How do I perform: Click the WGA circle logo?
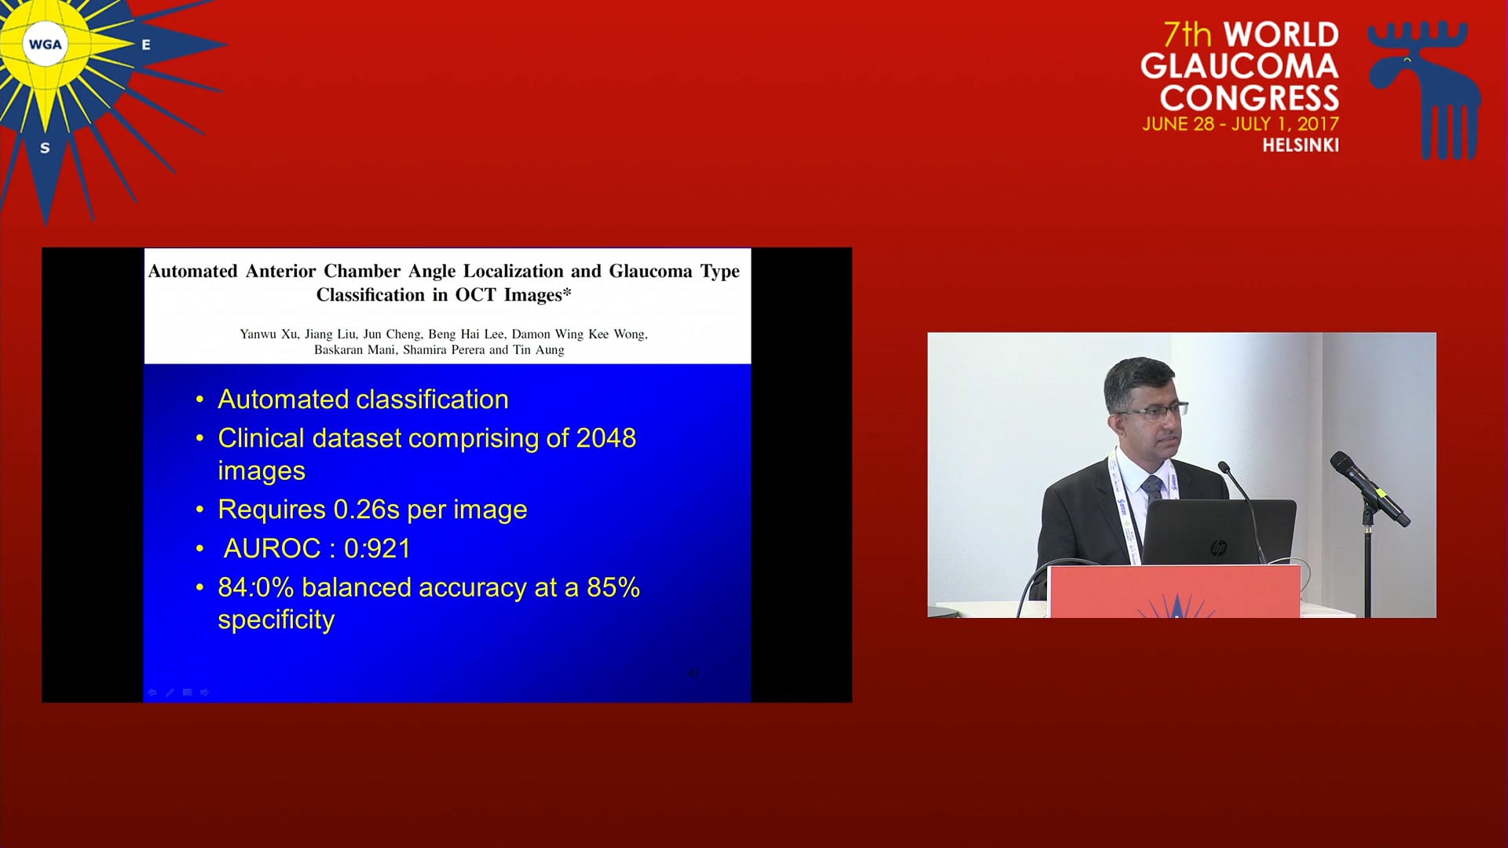pyautogui.click(x=45, y=44)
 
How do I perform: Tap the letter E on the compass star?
pyautogui.click(x=146, y=45)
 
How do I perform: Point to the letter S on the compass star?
pyautogui.click(x=45, y=148)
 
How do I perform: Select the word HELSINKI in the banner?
pyautogui.click(x=1301, y=145)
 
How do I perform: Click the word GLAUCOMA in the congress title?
pyautogui.click(x=1239, y=66)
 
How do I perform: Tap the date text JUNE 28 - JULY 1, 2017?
pyautogui.click(x=1241, y=124)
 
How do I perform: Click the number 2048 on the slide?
pyautogui.click(x=606, y=438)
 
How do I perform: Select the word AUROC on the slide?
pyautogui.click(x=273, y=548)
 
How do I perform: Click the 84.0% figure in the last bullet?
pyautogui.click(x=255, y=587)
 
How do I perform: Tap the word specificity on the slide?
pyautogui.click(x=276, y=620)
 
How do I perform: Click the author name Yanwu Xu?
pyautogui.click(x=269, y=334)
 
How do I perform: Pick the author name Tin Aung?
pyautogui.click(x=539, y=350)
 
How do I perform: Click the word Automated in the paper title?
pyautogui.click(x=193, y=271)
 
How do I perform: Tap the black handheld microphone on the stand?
pyautogui.click(x=1369, y=488)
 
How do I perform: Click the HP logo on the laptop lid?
pyautogui.click(x=1218, y=548)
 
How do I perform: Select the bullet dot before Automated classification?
pyautogui.click(x=199, y=400)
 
